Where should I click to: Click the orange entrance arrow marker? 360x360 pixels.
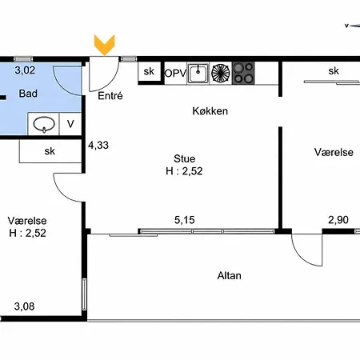coord(104,45)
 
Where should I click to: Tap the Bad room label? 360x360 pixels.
coord(28,94)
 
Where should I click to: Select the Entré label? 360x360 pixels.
coord(110,96)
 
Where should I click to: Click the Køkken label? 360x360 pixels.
coord(210,111)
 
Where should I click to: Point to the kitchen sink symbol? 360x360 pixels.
coord(198,73)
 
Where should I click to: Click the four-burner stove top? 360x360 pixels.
coord(243,73)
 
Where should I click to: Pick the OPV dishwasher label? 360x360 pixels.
coord(175,74)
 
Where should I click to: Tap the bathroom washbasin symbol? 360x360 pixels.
coord(44,124)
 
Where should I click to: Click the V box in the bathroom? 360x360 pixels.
coord(70,124)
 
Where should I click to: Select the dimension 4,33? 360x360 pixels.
coord(98,146)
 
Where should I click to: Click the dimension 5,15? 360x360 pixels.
coord(185,220)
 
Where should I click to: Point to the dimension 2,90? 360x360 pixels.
coord(338,220)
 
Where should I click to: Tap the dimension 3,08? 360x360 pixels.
coord(24,306)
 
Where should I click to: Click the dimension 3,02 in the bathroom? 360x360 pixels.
coord(25,70)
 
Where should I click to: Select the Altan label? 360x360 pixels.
coord(230,275)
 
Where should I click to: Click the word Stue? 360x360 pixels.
coord(185,158)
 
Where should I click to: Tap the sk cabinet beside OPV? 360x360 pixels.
coord(150,71)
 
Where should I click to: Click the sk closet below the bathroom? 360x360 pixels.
coord(50,151)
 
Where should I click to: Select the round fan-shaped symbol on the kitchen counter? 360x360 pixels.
coord(221,73)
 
